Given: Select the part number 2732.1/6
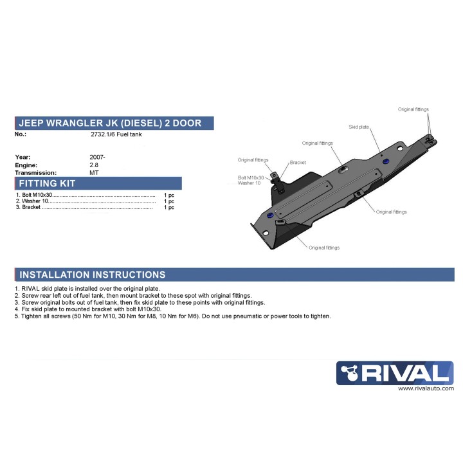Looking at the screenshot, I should (104, 135).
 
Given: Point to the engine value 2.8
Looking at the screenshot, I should (94, 165).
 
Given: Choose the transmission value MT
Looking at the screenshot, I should (95, 173).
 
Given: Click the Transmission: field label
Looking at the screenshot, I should (35, 173).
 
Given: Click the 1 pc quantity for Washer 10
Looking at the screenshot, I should (169, 201).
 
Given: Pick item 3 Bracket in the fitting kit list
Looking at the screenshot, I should (29, 208).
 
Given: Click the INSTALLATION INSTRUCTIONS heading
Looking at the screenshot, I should (92, 275).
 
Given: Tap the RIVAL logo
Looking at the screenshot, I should (395, 374).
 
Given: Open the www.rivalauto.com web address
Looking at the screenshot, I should (426, 388).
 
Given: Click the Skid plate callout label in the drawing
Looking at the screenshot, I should (359, 127).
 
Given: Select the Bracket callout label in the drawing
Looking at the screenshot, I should (298, 163).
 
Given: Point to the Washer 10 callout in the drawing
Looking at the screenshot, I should (250, 183).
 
